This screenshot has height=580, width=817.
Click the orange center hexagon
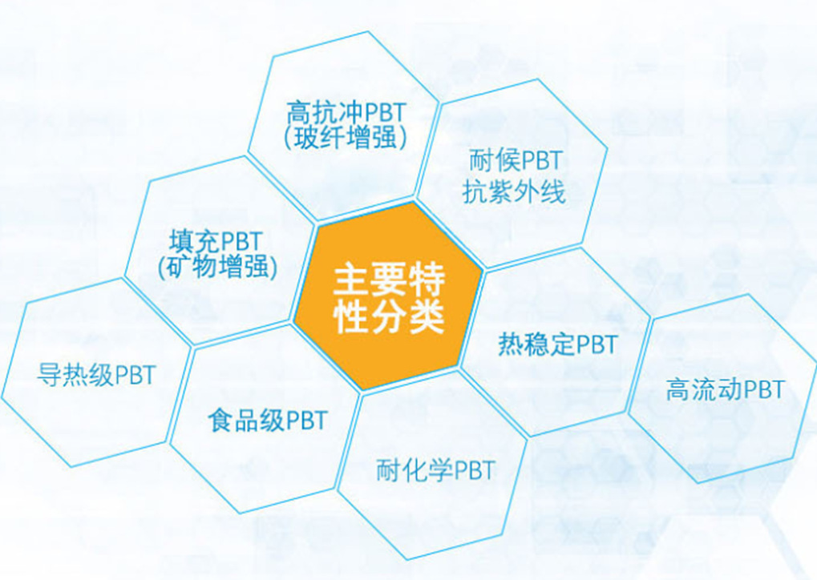(388, 296)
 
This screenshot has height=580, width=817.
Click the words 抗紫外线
(514, 192)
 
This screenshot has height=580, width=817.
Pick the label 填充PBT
(215, 241)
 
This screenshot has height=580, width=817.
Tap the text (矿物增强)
(218, 267)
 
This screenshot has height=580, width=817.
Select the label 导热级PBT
(96, 375)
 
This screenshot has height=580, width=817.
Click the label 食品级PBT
(268, 420)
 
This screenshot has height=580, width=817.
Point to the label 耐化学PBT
(435, 470)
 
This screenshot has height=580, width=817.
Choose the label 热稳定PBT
(558, 344)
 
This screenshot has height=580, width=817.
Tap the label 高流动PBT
(726, 389)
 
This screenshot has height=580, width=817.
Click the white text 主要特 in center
(389, 280)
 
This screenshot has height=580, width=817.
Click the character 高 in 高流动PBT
(678, 389)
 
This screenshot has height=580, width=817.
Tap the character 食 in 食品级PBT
(220, 420)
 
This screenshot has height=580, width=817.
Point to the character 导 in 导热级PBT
(49, 375)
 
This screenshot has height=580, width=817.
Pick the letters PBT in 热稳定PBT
(597, 344)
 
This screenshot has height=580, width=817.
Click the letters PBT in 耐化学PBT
(475, 471)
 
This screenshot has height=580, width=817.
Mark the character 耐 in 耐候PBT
(481, 161)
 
